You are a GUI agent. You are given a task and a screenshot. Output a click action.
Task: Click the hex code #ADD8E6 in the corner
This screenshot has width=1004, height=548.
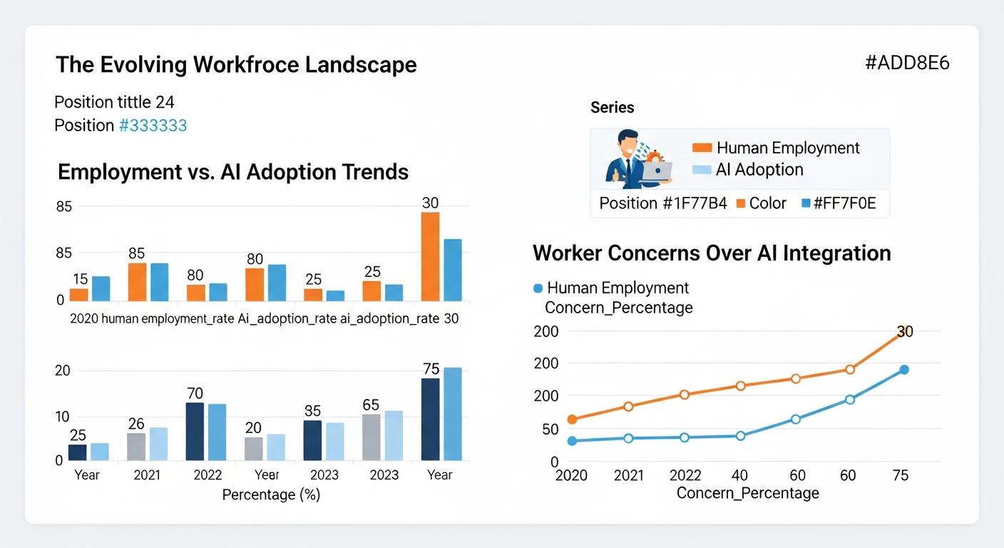[907, 63]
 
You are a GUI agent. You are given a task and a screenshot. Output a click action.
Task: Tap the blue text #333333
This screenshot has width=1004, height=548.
[153, 126]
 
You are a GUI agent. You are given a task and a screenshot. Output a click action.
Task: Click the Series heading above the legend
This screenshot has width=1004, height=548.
[612, 108]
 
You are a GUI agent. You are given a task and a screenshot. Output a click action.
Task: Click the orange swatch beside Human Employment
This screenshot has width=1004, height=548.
[702, 148]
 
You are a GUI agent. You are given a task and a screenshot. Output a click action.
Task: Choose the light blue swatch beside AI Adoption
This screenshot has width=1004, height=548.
[702, 170]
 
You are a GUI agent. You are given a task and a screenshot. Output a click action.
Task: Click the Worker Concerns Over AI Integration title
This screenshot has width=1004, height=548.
[712, 253]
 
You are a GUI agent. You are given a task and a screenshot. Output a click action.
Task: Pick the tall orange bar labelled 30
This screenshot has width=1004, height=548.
[430, 256]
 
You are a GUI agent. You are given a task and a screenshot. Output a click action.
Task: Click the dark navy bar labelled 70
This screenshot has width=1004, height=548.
[195, 431]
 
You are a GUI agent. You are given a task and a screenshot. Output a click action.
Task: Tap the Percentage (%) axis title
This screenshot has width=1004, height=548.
[271, 494]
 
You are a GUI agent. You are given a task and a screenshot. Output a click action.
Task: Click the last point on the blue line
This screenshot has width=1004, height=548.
[904, 370]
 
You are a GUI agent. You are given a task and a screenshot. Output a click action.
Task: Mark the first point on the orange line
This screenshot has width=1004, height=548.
[572, 420]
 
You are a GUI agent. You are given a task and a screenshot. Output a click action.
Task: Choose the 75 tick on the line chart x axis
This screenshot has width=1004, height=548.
[901, 476]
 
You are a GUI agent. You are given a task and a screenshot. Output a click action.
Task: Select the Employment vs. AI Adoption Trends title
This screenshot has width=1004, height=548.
[233, 172]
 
